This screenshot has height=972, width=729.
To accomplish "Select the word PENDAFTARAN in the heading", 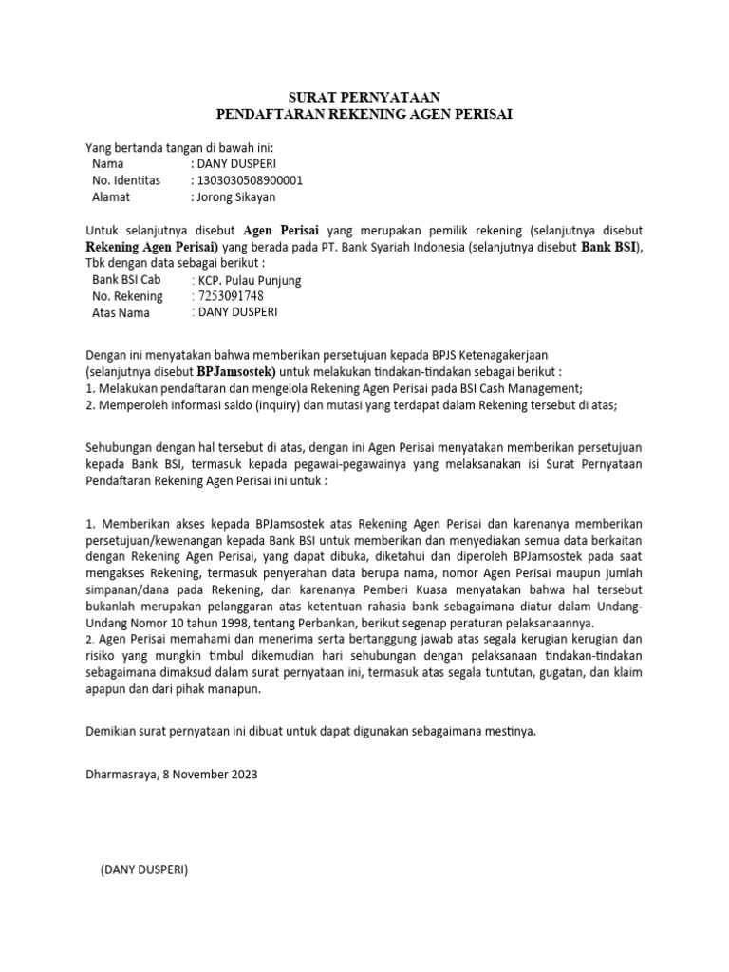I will [x=264, y=115].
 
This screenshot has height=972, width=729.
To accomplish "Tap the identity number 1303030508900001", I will [x=247, y=180].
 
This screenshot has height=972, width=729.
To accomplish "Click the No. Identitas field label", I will [x=126, y=180].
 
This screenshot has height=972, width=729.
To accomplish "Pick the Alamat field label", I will [x=110, y=197].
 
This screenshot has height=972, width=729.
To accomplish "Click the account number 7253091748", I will [x=229, y=296].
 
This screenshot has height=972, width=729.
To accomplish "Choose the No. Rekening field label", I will [x=127, y=296].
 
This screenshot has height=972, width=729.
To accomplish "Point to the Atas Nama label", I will [x=121, y=312].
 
